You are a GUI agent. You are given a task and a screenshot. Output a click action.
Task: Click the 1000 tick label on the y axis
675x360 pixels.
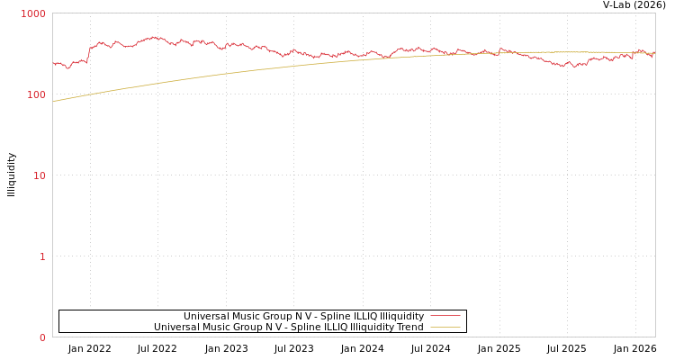pyautogui.click(x=33, y=13)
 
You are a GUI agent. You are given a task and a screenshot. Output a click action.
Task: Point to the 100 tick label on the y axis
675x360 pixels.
pyautogui.click(x=35, y=94)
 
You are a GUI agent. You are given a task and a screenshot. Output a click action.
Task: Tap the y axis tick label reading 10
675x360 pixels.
pyautogui.click(x=39, y=175)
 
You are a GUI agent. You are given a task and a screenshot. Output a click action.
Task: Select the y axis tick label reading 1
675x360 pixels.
pyautogui.click(x=41, y=256)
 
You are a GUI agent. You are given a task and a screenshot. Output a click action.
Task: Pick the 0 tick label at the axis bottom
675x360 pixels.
pyautogui.click(x=41, y=337)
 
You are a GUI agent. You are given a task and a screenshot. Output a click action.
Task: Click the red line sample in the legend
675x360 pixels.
pyautogui.click(x=445, y=316)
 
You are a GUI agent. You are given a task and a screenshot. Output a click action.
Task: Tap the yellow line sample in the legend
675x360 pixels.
pyautogui.click(x=445, y=327)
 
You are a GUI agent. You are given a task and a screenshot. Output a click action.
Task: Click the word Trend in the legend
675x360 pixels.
pyautogui.click(x=408, y=327)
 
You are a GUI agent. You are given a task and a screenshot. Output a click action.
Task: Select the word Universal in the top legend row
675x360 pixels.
pyautogui.click(x=206, y=316)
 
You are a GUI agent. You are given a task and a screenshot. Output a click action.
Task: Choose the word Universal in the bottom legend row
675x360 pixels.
pyautogui.click(x=176, y=327)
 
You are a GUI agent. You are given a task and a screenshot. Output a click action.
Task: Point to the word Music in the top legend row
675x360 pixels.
pyautogui.click(x=246, y=316)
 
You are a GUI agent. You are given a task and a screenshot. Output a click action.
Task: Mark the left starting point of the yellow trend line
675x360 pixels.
pyautogui.click(x=53, y=102)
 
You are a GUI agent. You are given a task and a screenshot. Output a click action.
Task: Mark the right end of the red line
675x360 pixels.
pyautogui.click(x=654, y=54)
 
